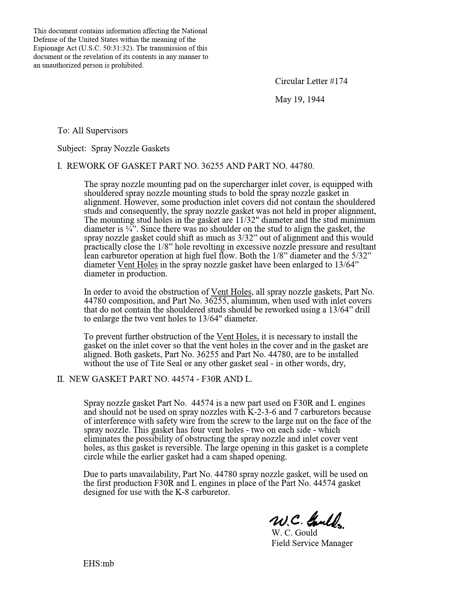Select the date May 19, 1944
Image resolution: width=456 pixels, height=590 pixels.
point(300,99)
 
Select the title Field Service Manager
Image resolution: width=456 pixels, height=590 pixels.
point(312,543)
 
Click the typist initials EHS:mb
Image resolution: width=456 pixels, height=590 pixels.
point(99,564)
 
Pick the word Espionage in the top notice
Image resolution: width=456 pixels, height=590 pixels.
point(49,48)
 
